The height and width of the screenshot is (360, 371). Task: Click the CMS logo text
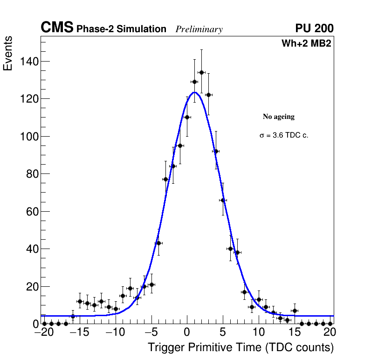[57, 28]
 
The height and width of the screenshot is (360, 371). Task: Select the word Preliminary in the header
[199, 29]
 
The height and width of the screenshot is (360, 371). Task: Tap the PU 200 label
[314, 28]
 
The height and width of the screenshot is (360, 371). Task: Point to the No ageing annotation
[279, 117]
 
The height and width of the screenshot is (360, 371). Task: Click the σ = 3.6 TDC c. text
[284, 135]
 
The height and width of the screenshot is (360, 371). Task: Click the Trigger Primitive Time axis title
[240, 347]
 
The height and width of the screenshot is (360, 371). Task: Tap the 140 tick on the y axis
[29, 62]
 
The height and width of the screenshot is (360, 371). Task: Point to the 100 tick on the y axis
[29, 137]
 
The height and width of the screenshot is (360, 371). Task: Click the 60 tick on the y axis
[32, 212]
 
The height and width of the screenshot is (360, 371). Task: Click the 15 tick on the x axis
[294, 333]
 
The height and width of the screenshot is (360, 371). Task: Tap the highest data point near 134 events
[201, 72]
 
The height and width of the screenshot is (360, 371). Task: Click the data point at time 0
[187, 117]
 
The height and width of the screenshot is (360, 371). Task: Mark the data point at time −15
[80, 301]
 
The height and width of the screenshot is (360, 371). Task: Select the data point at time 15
[295, 311]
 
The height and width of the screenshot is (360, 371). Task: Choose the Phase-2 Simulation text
[121, 29]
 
